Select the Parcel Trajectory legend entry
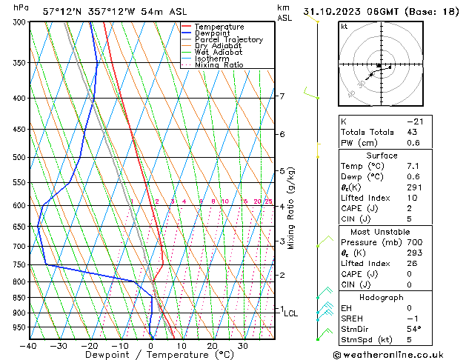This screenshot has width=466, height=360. [x=228, y=40]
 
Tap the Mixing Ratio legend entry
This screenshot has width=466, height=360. [x=219, y=65]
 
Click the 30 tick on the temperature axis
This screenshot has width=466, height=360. [x=242, y=345]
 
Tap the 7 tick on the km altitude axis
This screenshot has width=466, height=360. [x=282, y=96]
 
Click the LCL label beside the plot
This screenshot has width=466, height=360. [x=291, y=313]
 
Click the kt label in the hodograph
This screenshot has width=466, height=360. [x=344, y=27]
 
